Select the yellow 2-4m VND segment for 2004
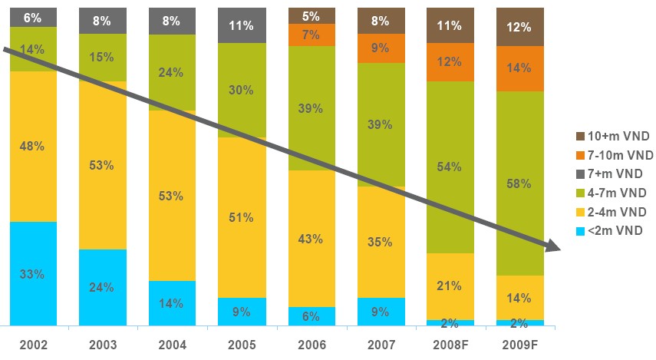[171, 230]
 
